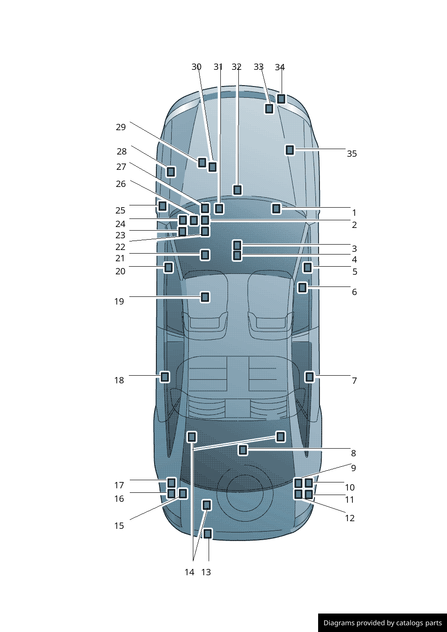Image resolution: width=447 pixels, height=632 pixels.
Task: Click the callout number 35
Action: [x=351, y=154]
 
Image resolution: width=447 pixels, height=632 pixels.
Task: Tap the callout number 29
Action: [x=120, y=127]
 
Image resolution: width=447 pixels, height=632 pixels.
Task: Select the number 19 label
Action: [x=119, y=301]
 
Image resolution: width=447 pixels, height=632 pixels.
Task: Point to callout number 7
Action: [x=354, y=381]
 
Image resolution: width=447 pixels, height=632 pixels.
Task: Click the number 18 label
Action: [x=119, y=380]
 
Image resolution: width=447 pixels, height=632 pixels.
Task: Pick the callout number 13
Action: [x=206, y=572]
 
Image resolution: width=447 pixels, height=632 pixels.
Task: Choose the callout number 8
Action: [x=353, y=453]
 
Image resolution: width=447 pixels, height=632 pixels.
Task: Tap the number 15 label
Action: [x=119, y=526]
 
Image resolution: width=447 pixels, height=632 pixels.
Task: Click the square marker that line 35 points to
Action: [x=290, y=150]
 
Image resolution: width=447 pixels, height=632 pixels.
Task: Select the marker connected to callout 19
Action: [x=205, y=297]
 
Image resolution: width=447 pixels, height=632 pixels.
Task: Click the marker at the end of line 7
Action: [x=310, y=377]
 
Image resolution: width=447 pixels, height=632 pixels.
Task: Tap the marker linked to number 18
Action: [x=165, y=377]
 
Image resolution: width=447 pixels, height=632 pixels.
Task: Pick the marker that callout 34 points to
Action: [x=281, y=99]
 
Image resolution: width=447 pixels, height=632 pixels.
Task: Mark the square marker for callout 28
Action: [x=171, y=172]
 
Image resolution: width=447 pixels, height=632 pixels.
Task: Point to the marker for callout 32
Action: [x=237, y=190]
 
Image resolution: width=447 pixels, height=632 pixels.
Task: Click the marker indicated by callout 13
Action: [x=207, y=534]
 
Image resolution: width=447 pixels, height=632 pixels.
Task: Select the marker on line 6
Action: [x=302, y=287]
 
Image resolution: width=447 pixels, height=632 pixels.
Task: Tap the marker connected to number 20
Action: [x=168, y=268]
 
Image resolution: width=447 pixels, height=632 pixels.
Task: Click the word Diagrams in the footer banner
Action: [x=339, y=623]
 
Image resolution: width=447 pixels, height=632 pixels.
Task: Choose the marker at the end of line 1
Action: [x=276, y=208]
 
